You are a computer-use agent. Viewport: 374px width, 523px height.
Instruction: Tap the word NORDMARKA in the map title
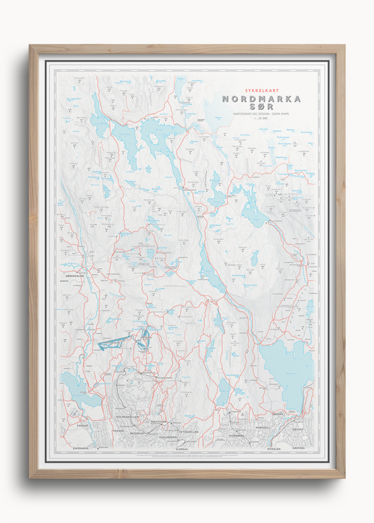[x=262, y=100]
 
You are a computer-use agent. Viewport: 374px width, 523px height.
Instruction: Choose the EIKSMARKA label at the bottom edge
[x=82, y=447]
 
